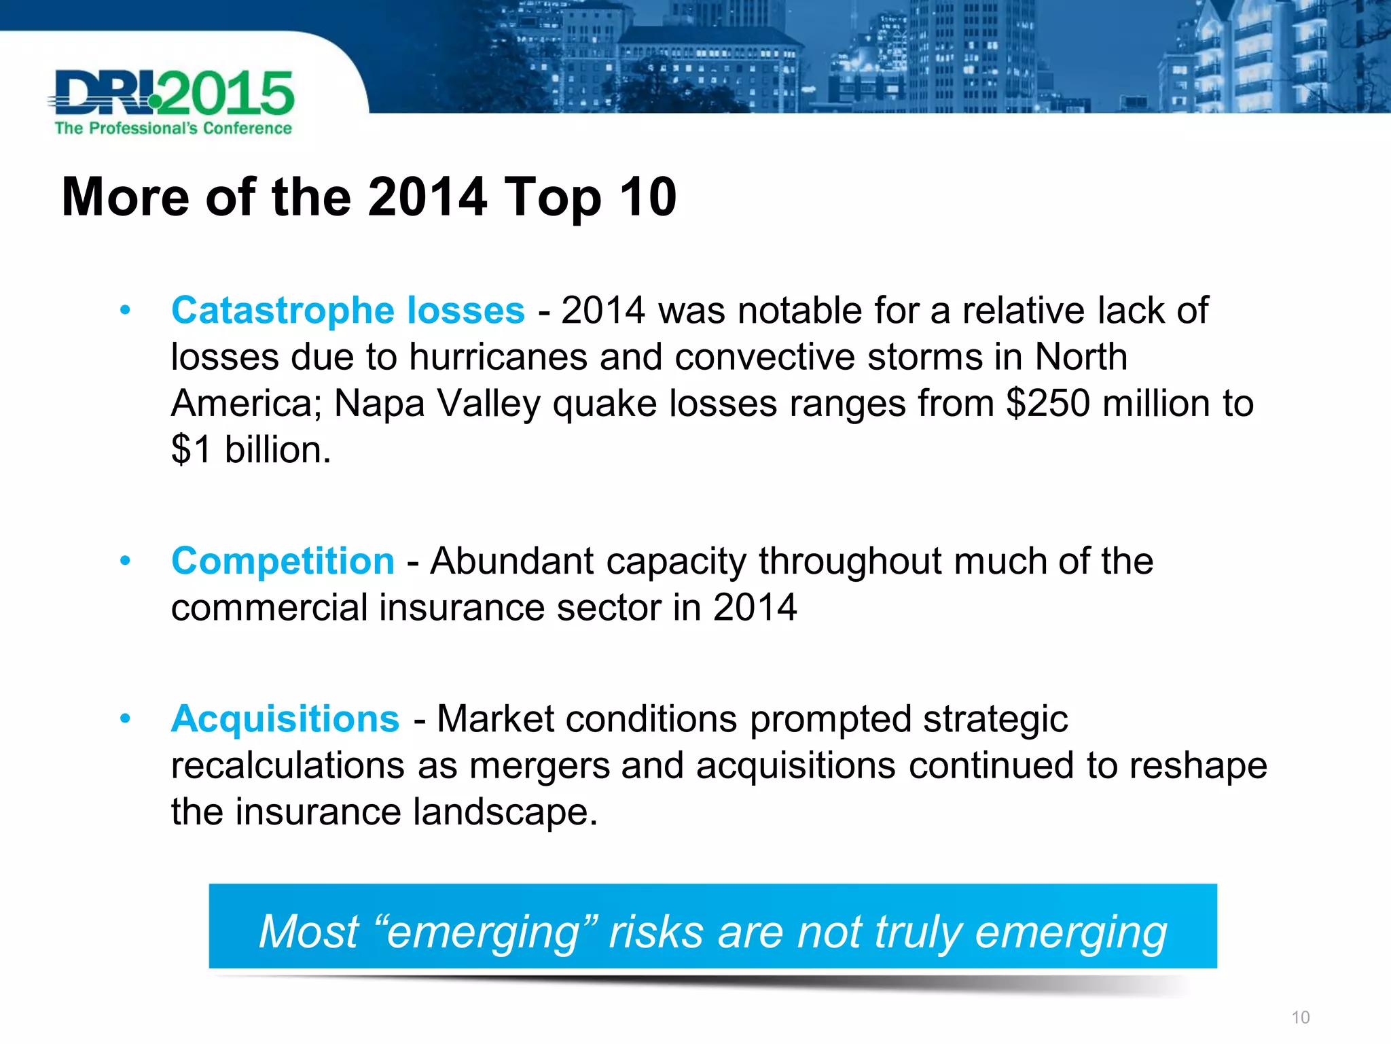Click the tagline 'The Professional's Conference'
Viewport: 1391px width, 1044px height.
click(173, 128)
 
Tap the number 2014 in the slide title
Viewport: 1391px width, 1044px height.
click(427, 197)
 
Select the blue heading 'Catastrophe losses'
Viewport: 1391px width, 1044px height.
click(348, 311)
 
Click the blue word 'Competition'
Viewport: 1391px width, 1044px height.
click(283, 561)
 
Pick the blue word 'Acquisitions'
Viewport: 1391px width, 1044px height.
click(285, 719)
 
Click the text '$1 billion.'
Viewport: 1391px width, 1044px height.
click(251, 450)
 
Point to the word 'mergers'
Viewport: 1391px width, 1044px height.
click(539, 766)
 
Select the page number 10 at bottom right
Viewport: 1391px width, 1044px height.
click(1300, 1017)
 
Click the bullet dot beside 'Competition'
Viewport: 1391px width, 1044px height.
click(125, 561)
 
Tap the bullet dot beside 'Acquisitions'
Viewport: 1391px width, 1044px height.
click(125, 719)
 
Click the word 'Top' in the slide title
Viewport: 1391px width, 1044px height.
click(552, 198)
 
